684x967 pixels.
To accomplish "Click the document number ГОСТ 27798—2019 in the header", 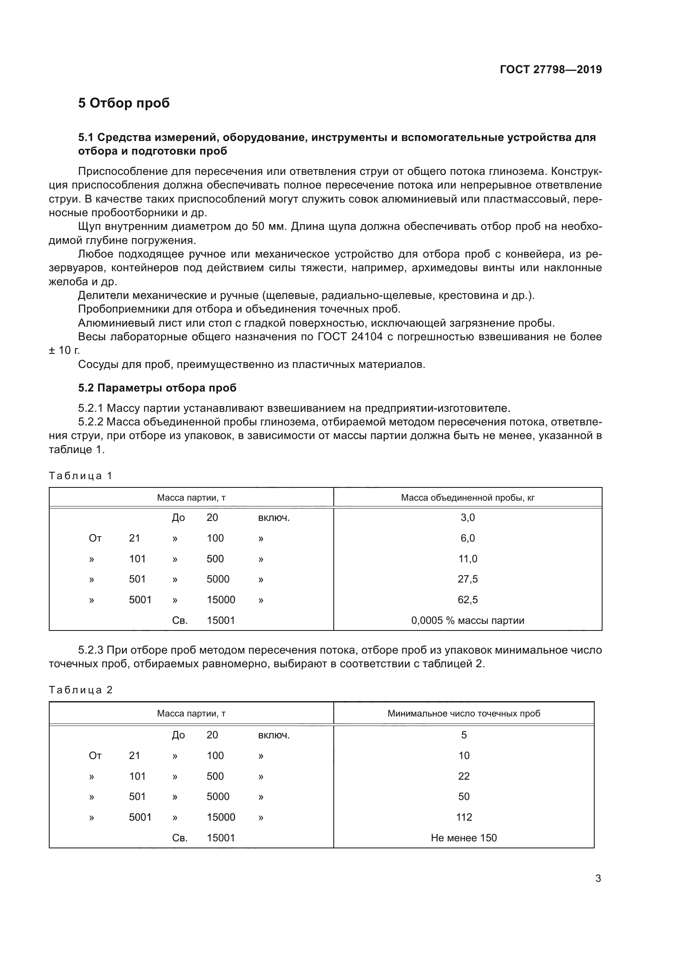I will [550, 69].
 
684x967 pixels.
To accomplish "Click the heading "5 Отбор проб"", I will [124, 103].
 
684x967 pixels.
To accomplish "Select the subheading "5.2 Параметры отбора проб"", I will [157, 388].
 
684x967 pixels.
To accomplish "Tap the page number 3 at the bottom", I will [598, 878].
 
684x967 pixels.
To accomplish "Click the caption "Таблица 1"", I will [81, 476].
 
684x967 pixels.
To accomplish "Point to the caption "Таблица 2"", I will [81, 690].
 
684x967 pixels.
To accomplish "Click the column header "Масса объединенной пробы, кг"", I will [468, 498].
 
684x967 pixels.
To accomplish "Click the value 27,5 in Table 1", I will [468, 579].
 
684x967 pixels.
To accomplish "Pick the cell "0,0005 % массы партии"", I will [468, 621].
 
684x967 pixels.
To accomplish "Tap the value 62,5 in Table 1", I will [468, 600].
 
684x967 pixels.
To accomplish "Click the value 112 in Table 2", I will [464, 817].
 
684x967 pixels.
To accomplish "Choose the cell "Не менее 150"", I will [464, 838].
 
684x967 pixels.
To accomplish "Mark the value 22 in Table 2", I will [464, 776].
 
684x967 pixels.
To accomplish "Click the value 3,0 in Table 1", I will [468, 518].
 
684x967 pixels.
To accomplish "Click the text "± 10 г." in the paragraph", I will [64, 351].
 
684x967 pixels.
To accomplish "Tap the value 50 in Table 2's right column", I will [464, 796].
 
